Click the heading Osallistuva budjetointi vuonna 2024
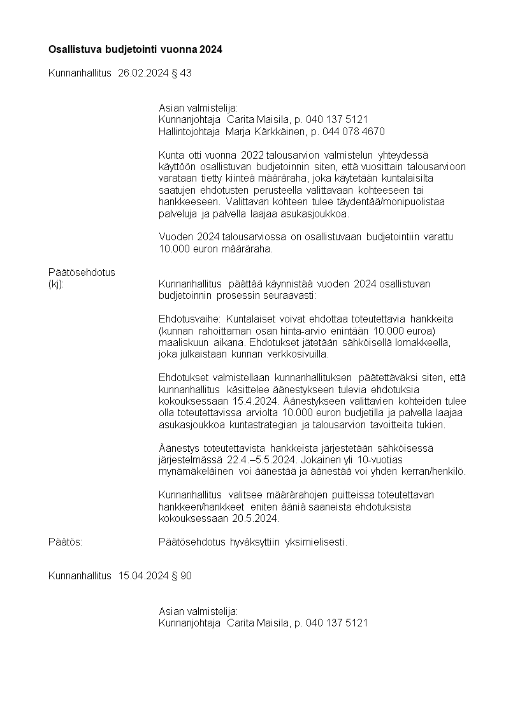point(135,49)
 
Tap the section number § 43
point(181,73)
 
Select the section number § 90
point(181,576)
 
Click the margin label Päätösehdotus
point(82,272)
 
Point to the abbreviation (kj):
point(57,284)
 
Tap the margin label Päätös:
point(66,542)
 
